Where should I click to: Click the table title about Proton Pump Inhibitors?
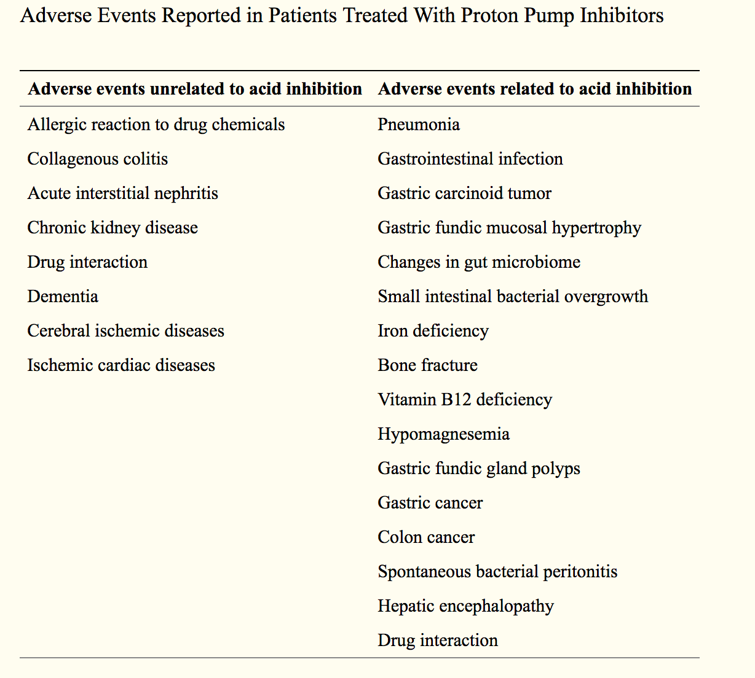(x=342, y=15)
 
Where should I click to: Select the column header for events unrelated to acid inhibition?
(x=195, y=89)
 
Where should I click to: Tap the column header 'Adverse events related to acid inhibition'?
(x=534, y=89)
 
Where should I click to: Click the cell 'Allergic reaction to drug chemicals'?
(x=156, y=125)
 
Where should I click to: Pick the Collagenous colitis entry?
(x=98, y=159)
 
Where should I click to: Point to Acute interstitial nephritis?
(x=123, y=193)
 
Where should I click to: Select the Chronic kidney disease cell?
(x=113, y=228)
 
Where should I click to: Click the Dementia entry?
(x=63, y=297)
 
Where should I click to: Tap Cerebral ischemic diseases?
(x=125, y=331)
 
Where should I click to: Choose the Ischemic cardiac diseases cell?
(x=121, y=365)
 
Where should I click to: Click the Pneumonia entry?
(x=419, y=125)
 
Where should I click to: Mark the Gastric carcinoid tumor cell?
(x=464, y=193)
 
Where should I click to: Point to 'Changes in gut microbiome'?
(x=479, y=262)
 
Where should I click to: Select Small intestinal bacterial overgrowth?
(x=513, y=297)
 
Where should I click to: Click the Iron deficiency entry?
(x=433, y=331)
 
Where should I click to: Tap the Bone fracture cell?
(x=427, y=365)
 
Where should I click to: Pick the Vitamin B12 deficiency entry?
(x=465, y=400)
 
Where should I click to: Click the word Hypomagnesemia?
(x=443, y=434)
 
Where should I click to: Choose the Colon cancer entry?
(x=426, y=537)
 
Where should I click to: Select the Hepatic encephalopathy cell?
(x=465, y=606)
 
